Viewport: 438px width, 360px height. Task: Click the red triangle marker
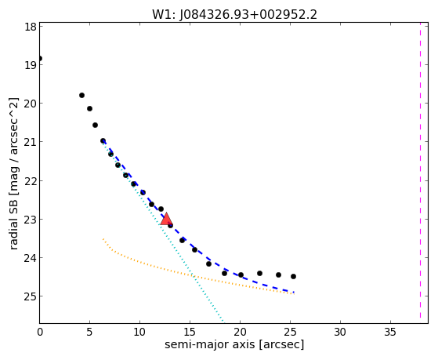pos(166,219)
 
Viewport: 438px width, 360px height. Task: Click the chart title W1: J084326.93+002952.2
pos(234,15)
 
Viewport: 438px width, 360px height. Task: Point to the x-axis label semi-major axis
pos(209,344)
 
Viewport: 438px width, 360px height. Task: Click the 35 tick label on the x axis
pos(390,333)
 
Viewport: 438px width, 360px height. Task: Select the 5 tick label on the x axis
pos(89,333)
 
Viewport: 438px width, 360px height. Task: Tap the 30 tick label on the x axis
pos(340,333)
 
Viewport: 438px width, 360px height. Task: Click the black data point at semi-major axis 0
pos(40,59)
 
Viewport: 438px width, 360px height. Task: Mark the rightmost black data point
pos(293,276)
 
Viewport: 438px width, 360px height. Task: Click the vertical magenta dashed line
pos(420,171)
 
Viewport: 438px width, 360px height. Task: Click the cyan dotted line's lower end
pos(223,322)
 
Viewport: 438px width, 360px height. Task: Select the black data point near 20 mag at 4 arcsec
pos(81,96)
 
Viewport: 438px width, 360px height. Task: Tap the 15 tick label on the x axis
pos(190,333)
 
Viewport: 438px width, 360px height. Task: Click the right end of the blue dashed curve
pos(294,293)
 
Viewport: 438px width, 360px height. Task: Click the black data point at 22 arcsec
pos(260,273)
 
